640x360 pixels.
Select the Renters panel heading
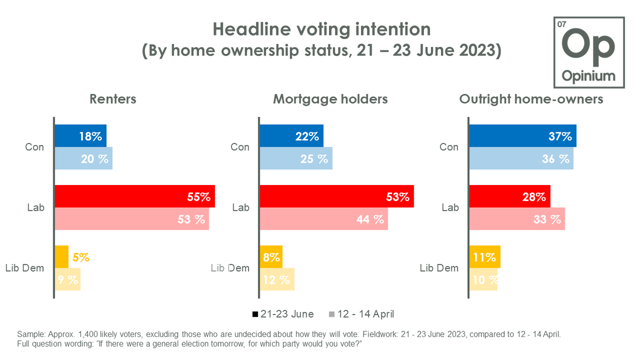(x=114, y=99)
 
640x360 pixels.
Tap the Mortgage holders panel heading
(x=330, y=99)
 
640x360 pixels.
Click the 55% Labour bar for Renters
(x=134, y=196)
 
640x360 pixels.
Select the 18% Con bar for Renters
(x=81, y=136)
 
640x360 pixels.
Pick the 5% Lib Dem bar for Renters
(x=62, y=257)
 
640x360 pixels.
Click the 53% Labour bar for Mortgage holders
(x=337, y=196)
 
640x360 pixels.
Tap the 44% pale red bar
(x=323, y=219)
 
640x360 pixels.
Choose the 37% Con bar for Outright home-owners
(x=522, y=136)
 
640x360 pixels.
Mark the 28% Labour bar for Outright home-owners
(x=509, y=196)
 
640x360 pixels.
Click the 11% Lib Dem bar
(x=484, y=257)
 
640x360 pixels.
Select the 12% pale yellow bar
(x=276, y=279)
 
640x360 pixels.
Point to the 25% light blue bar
(x=295, y=158)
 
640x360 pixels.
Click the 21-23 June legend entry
(x=283, y=314)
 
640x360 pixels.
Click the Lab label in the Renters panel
(x=36, y=207)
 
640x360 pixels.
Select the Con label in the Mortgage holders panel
(x=239, y=147)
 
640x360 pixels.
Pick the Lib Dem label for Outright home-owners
(x=439, y=268)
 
